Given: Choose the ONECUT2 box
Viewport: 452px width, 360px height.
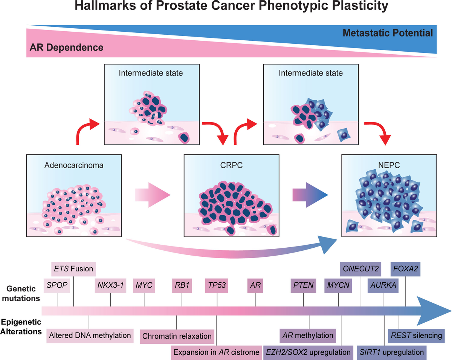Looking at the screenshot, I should coord(361,269).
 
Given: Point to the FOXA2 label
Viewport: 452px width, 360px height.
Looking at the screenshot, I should coord(405,269).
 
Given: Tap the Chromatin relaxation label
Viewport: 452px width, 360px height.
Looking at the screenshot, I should coord(177,336).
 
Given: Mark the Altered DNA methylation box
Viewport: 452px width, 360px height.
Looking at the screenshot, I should coord(90,335).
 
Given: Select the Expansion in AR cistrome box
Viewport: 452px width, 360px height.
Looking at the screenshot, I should coord(216,352).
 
